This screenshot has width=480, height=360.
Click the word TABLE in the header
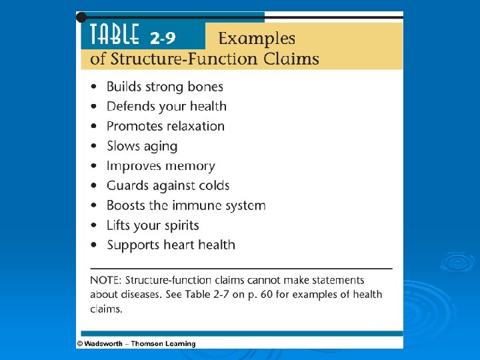coord(111,34)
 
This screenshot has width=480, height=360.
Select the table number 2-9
coord(163,36)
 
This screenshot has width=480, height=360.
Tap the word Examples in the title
coord(257,39)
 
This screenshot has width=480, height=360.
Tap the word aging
coord(160,146)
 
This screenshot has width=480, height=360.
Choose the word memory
coord(192,166)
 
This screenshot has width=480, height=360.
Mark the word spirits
coord(179,225)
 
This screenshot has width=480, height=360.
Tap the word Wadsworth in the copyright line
coord(105,344)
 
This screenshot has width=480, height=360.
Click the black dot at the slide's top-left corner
coord(81,15)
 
